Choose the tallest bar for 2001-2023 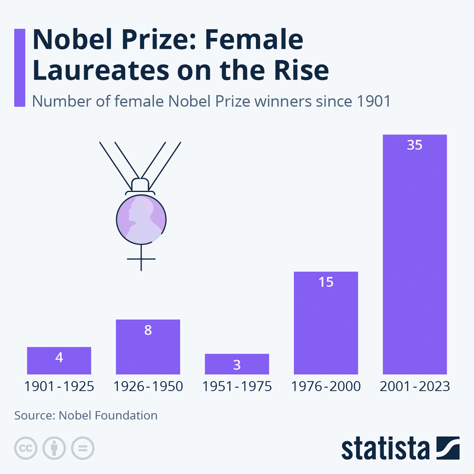click(414, 255)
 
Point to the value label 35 click(414, 145)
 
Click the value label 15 click(325, 282)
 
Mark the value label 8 click(148, 330)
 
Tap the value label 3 click(236, 364)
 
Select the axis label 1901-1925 click(59, 387)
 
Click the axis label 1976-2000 click(325, 387)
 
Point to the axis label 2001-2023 click(414, 387)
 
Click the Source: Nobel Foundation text click(86, 415)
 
